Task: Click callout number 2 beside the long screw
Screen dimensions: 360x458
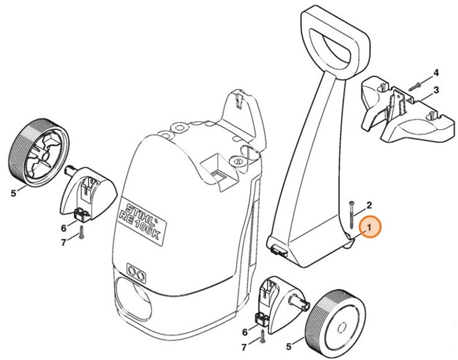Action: pyautogui.click(x=369, y=205)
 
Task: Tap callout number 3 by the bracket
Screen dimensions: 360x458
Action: pyautogui.click(x=436, y=90)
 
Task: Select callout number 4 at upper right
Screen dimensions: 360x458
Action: pyautogui.click(x=436, y=72)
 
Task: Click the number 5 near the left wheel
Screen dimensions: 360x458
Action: pyautogui.click(x=13, y=192)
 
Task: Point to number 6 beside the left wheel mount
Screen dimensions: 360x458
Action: pyautogui.click(x=63, y=228)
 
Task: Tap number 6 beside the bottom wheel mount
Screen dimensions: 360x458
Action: pyautogui.click(x=245, y=332)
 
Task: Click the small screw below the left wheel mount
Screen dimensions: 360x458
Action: pyautogui.click(x=80, y=234)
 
